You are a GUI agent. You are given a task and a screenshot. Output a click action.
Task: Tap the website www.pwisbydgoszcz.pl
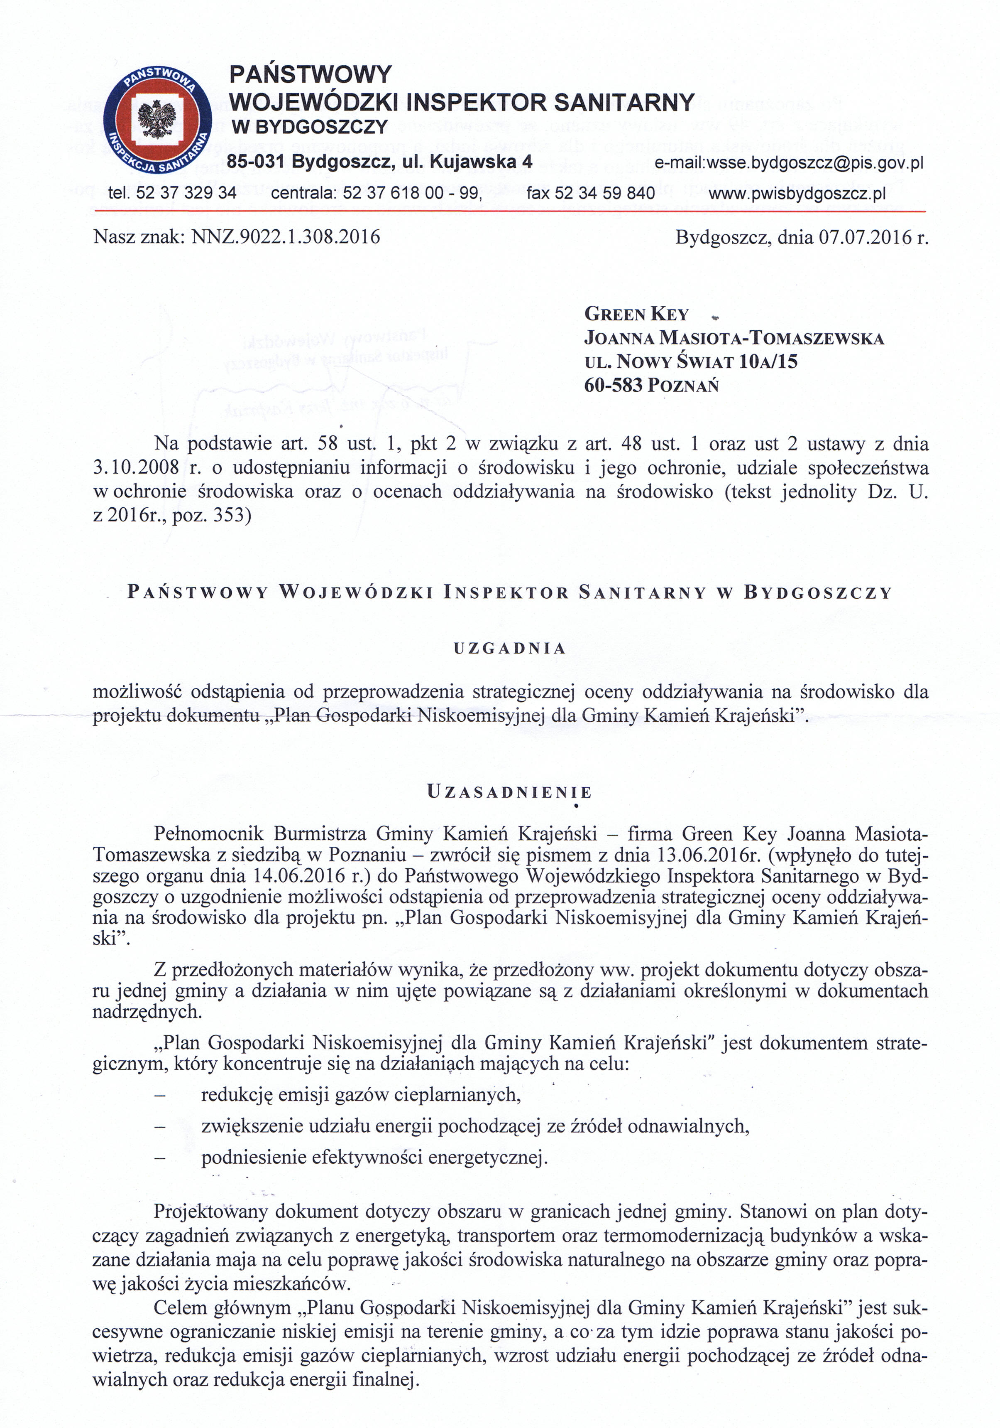tap(797, 194)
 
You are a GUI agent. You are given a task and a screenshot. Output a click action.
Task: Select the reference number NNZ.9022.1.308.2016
tap(286, 237)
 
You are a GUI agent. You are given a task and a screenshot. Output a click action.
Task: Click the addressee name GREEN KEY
tap(636, 314)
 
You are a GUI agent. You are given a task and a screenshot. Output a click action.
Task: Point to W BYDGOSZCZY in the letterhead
tap(309, 128)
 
